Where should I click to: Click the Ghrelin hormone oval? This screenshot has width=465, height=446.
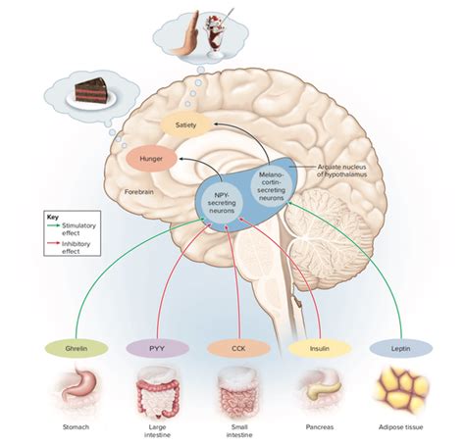point(77,348)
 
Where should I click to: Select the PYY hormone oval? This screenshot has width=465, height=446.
point(157,348)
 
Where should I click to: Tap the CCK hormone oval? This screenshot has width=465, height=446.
point(238,348)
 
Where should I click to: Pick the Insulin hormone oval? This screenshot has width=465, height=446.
point(320,348)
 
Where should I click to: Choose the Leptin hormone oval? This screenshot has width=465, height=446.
point(401,348)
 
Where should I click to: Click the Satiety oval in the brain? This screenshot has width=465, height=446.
point(185,124)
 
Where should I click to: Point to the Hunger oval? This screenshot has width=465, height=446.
point(151,159)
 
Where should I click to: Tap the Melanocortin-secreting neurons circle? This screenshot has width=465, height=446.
point(271,186)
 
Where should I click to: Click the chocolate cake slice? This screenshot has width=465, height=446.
point(91,90)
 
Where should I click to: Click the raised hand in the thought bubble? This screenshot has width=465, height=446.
point(185,36)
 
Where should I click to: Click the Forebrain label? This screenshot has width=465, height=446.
point(139,192)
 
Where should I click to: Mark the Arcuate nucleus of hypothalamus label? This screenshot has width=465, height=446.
point(341,171)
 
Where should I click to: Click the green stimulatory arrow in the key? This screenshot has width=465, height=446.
point(54,225)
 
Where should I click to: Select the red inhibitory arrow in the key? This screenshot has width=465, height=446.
point(54,243)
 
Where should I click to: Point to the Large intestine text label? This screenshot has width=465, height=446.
point(157,431)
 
